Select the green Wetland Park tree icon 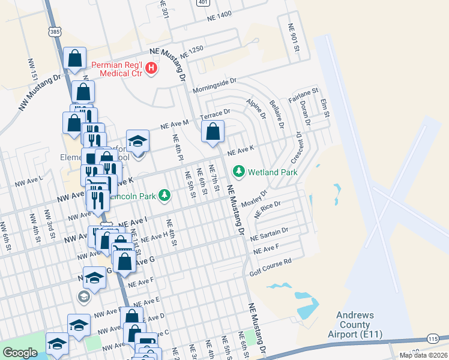click(240, 172)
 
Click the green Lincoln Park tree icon click(163, 196)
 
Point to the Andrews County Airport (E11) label click(355, 325)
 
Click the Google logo click(20, 353)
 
